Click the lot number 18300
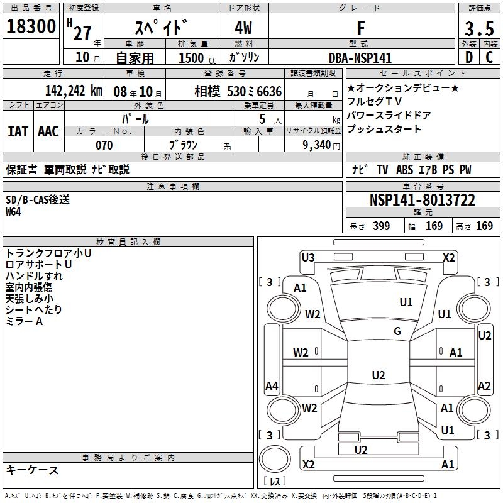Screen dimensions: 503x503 pyautogui.click(x=31, y=28)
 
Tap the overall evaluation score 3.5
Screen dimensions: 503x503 pyautogui.click(x=478, y=29)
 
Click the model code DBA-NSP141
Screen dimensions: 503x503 pyautogui.click(x=360, y=58)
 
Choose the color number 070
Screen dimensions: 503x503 pyautogui.click(x=104, y=145)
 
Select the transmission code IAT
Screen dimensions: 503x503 pyautogui.click(x=18, y=131)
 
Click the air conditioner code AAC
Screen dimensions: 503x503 pyautogui.click(x=48, y=131)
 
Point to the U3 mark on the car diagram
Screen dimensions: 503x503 pyautogui.click(x=308, y=257)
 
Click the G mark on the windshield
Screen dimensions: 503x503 pyautogui.click(x=397, y=331)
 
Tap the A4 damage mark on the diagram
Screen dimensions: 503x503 pyautogui.click(x=272, y=385)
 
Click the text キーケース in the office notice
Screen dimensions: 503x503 pyautogui.click(x=33, y=470)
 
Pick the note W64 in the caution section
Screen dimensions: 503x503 pyautogui.click(x=14, y=212)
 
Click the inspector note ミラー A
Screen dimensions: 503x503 pyautogui.click(x=24, y=321)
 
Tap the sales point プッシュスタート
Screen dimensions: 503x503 pyautogui.click(x=384, y=130)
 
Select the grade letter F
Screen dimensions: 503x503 pyautogui.click(x=360, y=28)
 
